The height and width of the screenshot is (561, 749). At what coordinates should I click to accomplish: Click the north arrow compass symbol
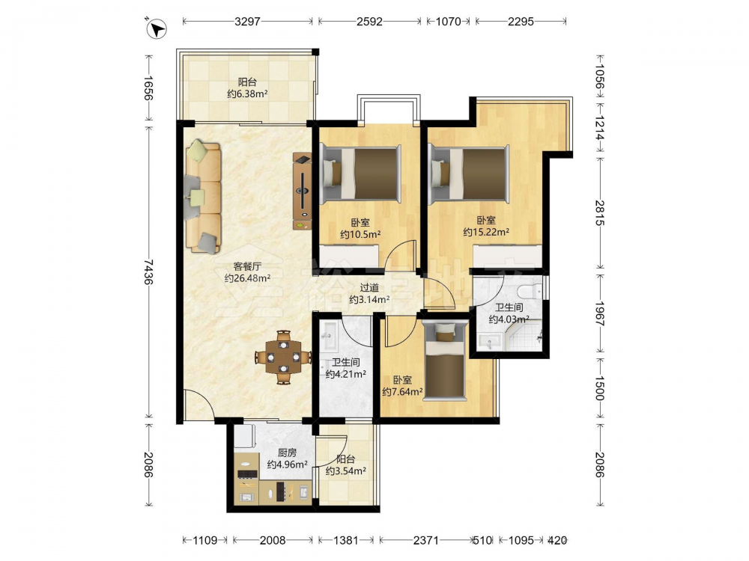click(x=157, y=28)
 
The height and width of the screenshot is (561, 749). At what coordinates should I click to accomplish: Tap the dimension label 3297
click(x=247, y=22)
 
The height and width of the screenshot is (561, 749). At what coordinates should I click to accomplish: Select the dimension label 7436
click(x=148, y=272)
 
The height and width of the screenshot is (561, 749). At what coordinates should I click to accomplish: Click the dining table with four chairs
click(x=283, y=357)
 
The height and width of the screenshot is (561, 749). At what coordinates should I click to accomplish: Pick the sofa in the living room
click(x=204, y=195)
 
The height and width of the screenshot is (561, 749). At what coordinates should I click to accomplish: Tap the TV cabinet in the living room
click(x=302, y=191)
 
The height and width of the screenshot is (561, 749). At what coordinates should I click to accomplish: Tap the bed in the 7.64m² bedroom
click(x=445, y=361)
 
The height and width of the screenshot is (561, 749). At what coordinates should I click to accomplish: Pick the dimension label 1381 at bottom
click(x=346, y=540)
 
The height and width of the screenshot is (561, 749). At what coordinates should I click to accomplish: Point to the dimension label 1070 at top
click(x=449, y=22)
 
